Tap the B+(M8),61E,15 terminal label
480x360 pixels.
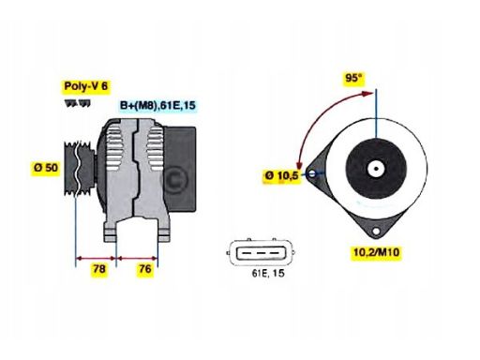tap(156, 106)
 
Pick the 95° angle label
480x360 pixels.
tap(352, 79)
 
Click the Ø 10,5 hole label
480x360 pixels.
tap(282, 175)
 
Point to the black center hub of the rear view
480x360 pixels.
tap(376, 171)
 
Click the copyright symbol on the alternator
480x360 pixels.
tap(172, 178)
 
